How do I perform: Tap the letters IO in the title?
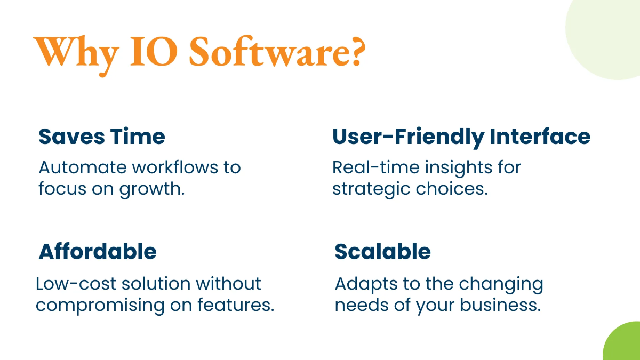pos(154,52)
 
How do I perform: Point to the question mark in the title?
pos(358,51)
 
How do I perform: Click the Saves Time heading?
pos(102,137)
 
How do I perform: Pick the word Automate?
pos(83,167)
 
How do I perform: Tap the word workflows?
pos(175,167)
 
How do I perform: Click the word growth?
pos(151,189)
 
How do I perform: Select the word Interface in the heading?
pos(540,137)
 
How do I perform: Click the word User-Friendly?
pos(409,138)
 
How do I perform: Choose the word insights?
pos(459,168)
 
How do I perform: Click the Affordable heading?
pos(98,252)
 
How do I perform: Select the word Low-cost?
pos(76,284)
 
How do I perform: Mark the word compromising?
pos(100,306)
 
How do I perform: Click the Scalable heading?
pos(382,252)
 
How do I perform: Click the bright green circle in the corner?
pos(623,342)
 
